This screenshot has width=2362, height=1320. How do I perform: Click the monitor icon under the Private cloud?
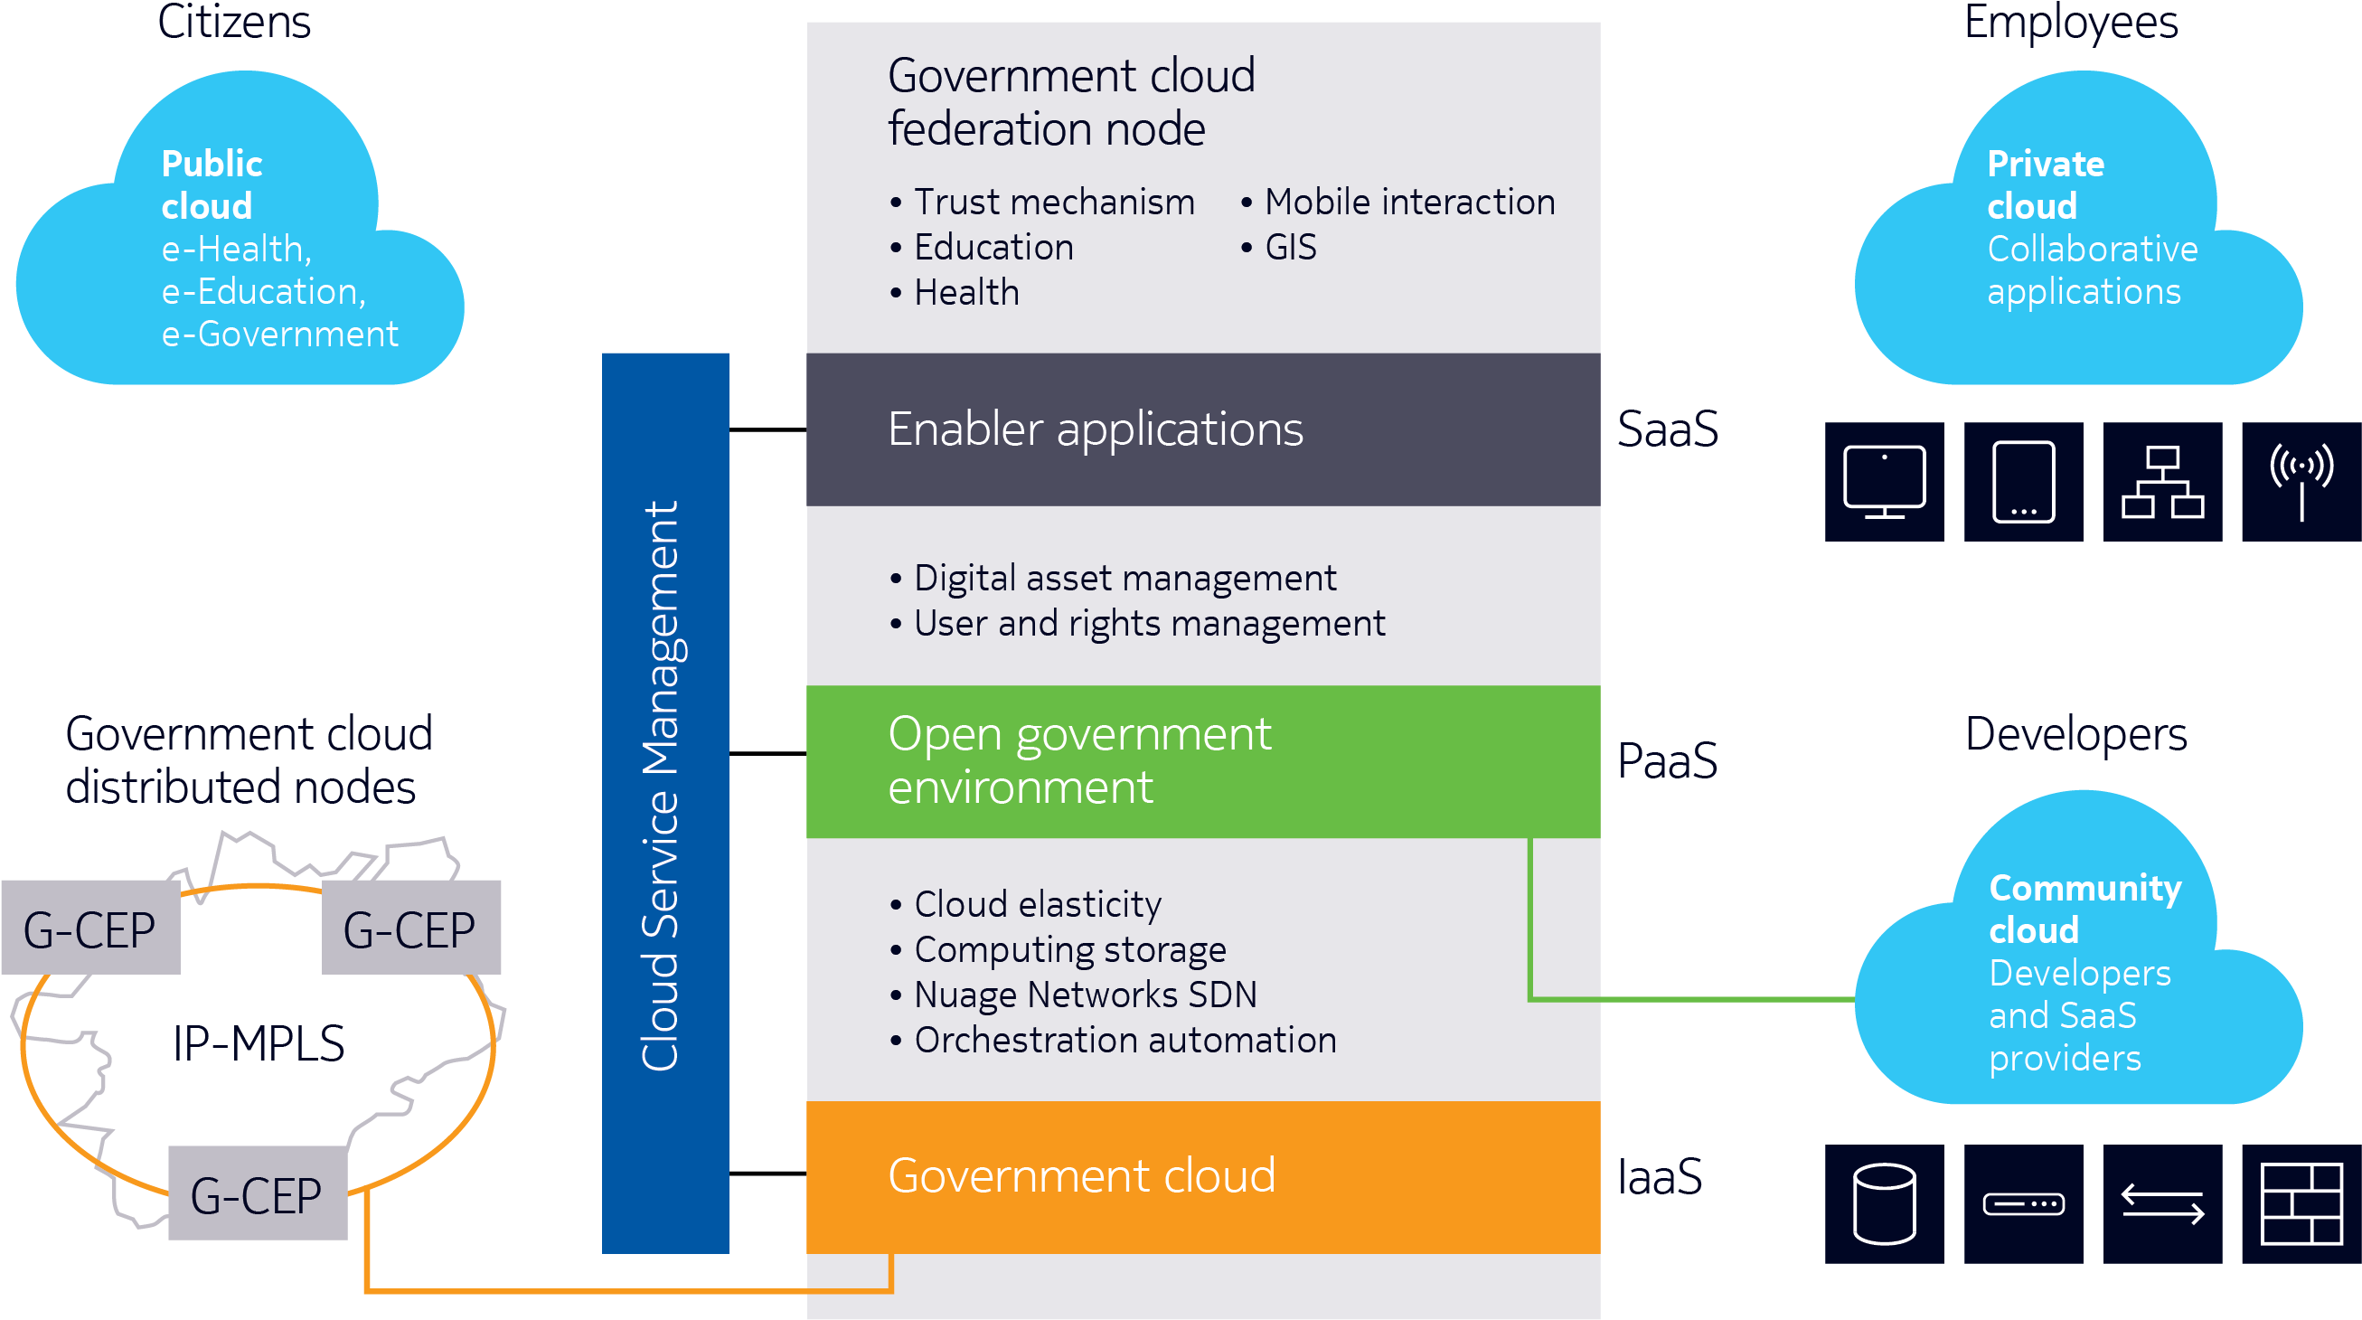[1884, 482]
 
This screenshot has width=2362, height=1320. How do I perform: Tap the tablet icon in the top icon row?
[2023, 482]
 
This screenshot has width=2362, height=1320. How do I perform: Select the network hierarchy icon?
[2162, 482]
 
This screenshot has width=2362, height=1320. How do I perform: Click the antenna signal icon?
[2301, 482]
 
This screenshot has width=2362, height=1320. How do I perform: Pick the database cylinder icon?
[1884, 1203]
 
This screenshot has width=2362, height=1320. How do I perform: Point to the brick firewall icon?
[2301, 1203]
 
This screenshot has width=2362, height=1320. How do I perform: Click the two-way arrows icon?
[2162, 1203]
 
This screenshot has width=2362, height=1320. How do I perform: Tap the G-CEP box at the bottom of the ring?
[257, 1193]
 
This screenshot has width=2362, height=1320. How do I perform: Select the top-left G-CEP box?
[89, 928]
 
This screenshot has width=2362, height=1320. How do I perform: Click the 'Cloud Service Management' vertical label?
[663, 787]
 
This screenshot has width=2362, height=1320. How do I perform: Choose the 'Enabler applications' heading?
[1095, 429]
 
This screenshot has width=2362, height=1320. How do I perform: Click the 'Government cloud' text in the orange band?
[1081, 1176]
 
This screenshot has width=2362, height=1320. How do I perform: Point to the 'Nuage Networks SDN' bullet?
[1085, 995]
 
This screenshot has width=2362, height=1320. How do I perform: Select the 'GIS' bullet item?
[1290, 248]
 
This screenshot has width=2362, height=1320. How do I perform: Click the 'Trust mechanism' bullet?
[1054, 203]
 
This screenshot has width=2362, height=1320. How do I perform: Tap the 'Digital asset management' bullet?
[1125, 579]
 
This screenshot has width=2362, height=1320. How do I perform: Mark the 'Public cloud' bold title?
[211, 184]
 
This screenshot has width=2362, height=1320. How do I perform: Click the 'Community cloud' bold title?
[2084, 909]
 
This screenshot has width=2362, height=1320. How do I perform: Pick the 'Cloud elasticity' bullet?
[1037, 904]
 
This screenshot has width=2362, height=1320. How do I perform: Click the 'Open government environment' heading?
[1079, 760]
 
